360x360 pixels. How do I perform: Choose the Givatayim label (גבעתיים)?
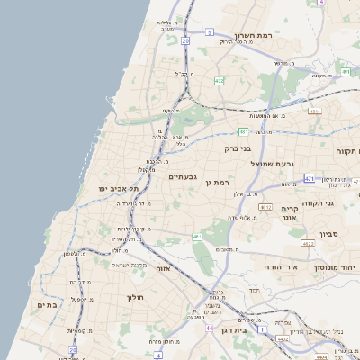pyautogui.click(x=183, y=177)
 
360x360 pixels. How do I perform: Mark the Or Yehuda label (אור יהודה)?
pyautogui.click(x=261, y=267)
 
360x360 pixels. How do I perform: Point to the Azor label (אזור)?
pyautogui.click(x=163, y=268)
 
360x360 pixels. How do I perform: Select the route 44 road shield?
pyautogui.click(x=209, y=329)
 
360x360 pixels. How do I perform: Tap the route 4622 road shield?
pyautogui.click(x=309, y=243)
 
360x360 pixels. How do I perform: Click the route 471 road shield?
pyautogui.click(x=309, y=179)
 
